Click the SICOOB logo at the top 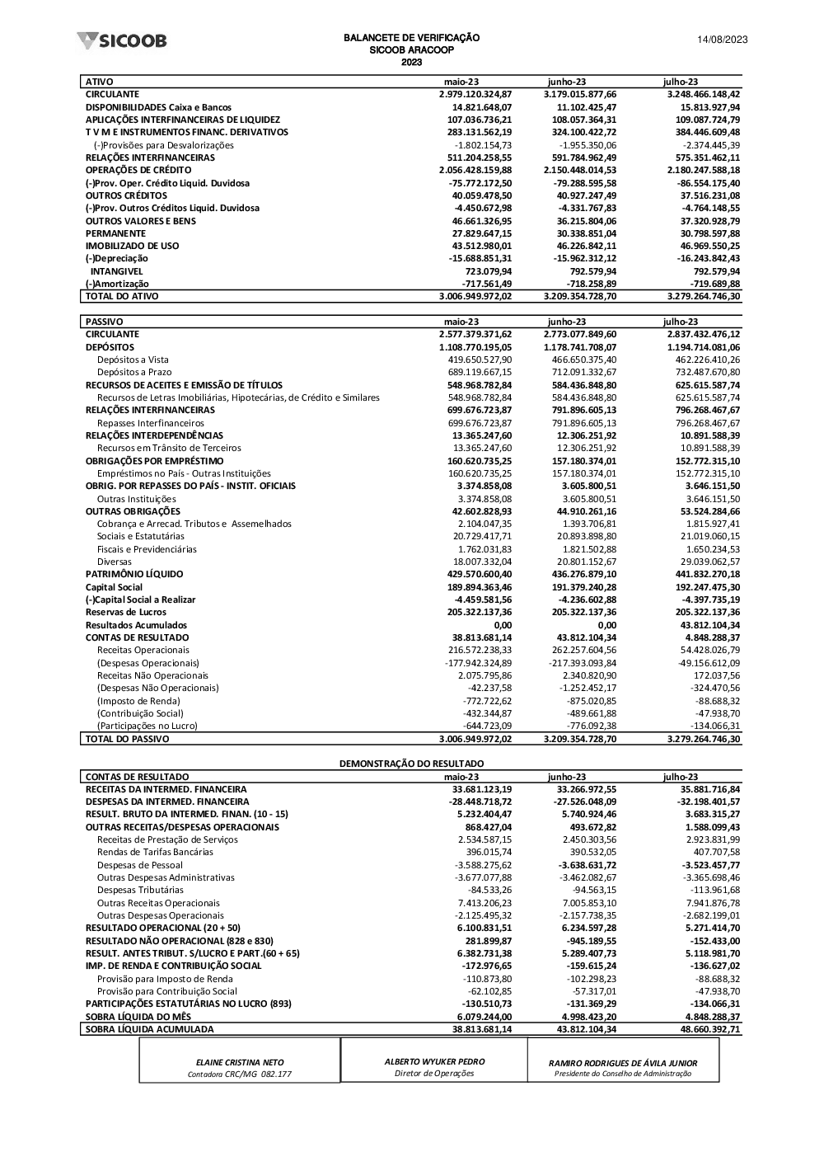click(x=121, y=40)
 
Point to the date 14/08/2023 click(x=722, y=40)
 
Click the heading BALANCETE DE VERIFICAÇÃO click(x=411, y=38)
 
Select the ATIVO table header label click(x=100, y=82)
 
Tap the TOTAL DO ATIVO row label click(x=122, y=296)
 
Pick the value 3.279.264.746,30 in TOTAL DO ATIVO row click(x=703, y=296)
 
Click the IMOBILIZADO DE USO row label click(x=132, y=246)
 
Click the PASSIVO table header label click(x=105, y=322)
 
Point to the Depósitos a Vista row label click(x=133, y=360)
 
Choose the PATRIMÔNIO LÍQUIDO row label click(x=134, y=574)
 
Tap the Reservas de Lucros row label click(x=126, y=612)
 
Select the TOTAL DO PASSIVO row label click(x=127, y=739)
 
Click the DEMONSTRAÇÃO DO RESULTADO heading click(x=411, y=764)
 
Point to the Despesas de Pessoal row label click(x=134, y=865)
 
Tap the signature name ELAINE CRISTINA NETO click(x=239, y=1063)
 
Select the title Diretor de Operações click(x=434, y=1073)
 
